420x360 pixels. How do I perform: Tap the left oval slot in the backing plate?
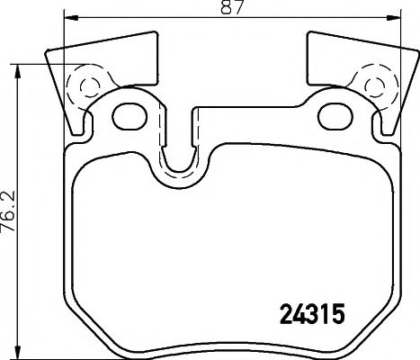pos(131,114)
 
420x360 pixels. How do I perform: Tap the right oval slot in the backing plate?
pos(336,114)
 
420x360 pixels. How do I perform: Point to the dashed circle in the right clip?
pos(374,86)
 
